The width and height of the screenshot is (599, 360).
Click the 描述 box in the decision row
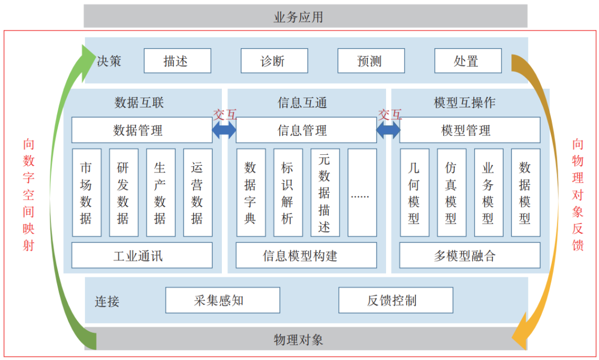point(177,61)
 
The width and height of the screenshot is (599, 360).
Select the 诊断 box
point(274,61)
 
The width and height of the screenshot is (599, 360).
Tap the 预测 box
point(370,61)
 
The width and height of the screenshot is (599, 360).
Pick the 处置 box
point(468,61)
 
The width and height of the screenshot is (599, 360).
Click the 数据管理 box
point(141,130)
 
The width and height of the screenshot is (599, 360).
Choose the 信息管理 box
point(306,130)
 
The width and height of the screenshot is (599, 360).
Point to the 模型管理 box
point(469,130)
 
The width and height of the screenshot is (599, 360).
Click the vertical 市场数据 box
point(87,192)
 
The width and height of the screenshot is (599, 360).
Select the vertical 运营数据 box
point(197,192)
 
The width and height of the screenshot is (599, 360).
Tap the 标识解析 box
point(288,192)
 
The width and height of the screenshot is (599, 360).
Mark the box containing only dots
point(362,192)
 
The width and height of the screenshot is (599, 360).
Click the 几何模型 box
point(414,192)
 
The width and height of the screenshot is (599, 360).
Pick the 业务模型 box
point(488,192)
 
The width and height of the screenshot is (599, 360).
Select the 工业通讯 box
point(141,256)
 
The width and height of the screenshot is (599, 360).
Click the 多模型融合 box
point(469,256)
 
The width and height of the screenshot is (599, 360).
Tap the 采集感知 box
point(222,300)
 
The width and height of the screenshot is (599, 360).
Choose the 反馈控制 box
point(395,300)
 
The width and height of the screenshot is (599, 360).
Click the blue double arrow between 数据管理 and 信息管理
point(224,130)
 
